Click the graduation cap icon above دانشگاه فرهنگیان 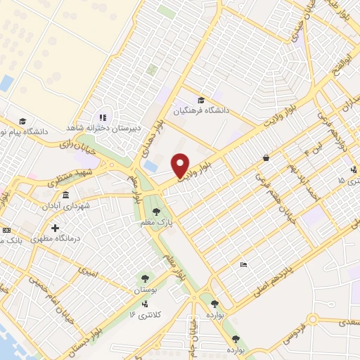(x=202, y=101)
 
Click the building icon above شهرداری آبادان (x=65, y=195)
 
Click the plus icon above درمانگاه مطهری (x=56, y=228)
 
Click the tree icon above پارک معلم (x=157, y=210)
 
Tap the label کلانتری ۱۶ (x=146, y=314)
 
